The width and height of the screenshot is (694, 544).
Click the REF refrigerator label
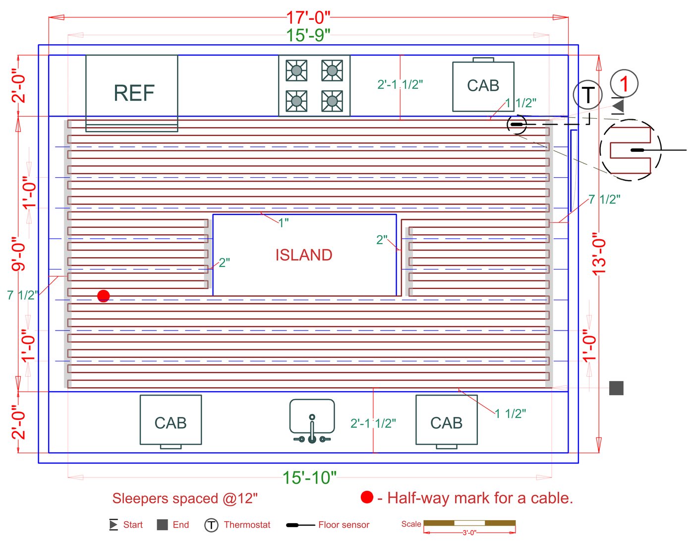134,93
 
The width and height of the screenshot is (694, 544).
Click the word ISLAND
303,255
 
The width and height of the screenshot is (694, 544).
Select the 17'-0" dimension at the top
308,17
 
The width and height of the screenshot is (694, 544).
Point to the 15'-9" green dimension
308,35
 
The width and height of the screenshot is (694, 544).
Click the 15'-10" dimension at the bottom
309,477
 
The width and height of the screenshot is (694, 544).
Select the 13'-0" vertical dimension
599,254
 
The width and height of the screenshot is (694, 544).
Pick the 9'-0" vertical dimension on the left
18,254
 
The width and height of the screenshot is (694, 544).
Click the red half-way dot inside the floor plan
103,296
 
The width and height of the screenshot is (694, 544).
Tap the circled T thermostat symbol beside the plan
587,95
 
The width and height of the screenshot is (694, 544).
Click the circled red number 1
624,83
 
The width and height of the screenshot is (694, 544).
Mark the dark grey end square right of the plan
616,388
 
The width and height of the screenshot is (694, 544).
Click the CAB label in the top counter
483,86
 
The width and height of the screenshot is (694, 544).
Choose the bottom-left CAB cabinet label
171,423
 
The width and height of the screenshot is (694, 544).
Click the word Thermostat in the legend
247,525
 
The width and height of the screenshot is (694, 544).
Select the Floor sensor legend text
344,525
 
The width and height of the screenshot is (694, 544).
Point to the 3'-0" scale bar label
469,533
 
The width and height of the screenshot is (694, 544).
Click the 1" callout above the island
283,223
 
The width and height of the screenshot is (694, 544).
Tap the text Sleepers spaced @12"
185,498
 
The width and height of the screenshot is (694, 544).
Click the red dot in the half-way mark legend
367,497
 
